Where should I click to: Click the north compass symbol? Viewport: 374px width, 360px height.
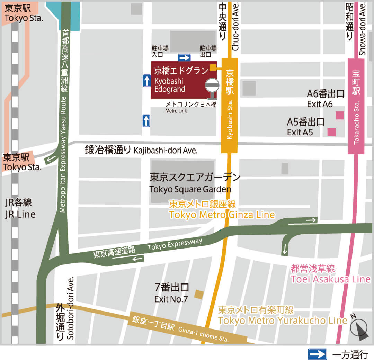(x=359, y=328)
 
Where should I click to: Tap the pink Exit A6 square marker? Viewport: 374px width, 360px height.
(x=340, y=115)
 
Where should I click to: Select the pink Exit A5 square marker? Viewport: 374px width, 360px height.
(x=331, y=132)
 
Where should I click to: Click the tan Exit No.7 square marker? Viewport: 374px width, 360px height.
(x=199, y=294)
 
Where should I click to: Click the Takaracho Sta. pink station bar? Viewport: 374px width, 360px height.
(x=356, y=106)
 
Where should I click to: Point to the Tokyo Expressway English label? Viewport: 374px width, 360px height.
(x=175, y=244)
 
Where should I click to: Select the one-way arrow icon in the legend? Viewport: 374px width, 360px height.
(x=317, y=354)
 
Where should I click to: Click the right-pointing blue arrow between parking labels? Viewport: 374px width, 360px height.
(x=184, y=58)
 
